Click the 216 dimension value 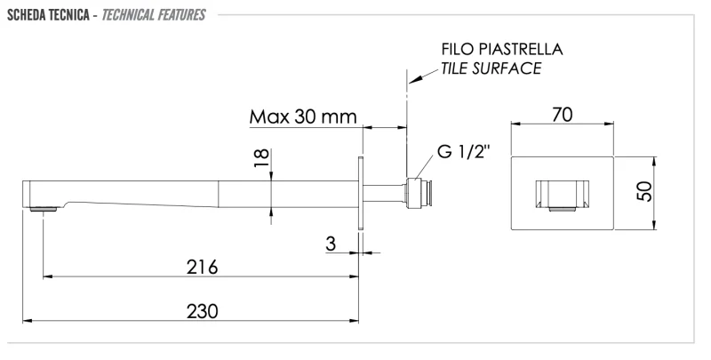[203, 266]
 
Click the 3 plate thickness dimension [331, 243]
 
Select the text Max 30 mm [302, 116]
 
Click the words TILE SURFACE [491, 69]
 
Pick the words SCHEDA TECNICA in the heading [44, 15]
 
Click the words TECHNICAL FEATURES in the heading [153, 15]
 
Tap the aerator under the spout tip [44, 210]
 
